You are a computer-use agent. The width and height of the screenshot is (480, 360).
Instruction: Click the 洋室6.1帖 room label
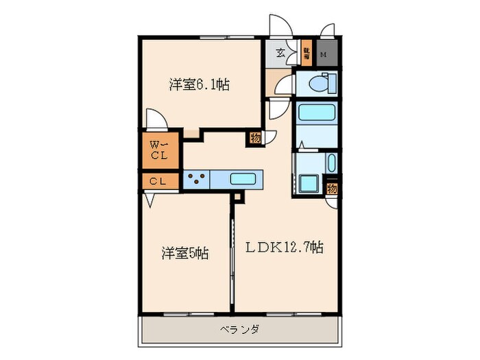tap(200, 85)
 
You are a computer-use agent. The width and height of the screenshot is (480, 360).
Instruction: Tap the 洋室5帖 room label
tap(185, 254)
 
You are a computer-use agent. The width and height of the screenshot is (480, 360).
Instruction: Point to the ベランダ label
tap(240, 330)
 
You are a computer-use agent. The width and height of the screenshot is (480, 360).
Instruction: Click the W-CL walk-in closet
tap(159, 149)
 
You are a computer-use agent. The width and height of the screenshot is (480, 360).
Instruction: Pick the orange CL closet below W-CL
tap(158, 181)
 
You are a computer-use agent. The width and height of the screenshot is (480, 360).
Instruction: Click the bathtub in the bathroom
tap(317, 113)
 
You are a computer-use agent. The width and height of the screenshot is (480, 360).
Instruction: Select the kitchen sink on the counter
tap(243, 180)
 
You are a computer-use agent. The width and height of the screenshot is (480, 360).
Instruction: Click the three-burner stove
tap(196, 180)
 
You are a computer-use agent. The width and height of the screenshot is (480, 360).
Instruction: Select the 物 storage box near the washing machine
tap(332, 188)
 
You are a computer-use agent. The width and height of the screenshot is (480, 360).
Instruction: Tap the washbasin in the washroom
tap(331, 165)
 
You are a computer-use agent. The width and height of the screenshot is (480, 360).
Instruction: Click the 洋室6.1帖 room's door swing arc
tap(155, 119)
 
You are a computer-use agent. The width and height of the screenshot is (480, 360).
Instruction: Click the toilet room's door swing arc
tap(280, 85)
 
